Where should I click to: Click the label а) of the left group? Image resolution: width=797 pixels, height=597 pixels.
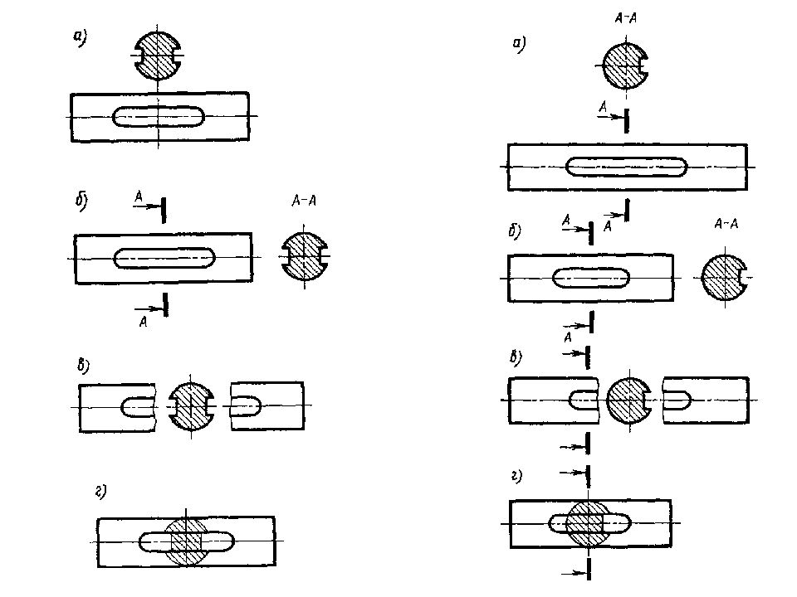[x=80, y=38]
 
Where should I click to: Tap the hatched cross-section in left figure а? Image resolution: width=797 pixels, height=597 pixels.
[x=158, y=55]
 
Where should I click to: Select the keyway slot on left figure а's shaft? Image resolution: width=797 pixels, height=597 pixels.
[x=158, y=116]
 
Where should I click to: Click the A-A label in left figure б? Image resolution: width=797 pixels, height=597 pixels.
[x=304, y=201]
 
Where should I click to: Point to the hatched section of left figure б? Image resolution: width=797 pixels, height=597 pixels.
[x=305, y=256]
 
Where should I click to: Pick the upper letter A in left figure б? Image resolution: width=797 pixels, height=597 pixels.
[x=139, y=197]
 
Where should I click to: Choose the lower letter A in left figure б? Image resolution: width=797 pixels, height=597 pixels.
[x=144, y=322]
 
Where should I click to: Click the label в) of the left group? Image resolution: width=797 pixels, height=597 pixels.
[x=83, y=366]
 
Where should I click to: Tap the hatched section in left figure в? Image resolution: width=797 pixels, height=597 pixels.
[x=191, y=405]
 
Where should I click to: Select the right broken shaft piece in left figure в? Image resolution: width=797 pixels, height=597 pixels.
[x=267, y=405]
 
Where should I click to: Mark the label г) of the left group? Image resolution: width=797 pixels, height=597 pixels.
[x=100, y=492]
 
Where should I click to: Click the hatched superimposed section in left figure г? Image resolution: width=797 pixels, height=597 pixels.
[x=186, y=541]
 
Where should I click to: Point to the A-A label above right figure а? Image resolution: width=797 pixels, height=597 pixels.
[x=626, y=19]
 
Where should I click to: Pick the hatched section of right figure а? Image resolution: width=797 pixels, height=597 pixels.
[x=626, y=66]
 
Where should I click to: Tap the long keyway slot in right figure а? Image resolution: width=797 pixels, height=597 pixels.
[x=626, y=167]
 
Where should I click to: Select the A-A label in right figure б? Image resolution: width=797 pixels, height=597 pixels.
[x=726, y=224]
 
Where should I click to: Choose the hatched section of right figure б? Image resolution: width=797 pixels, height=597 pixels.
[x=724, y=277]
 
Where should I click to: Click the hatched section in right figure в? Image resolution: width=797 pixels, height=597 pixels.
[x=629, y=400]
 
